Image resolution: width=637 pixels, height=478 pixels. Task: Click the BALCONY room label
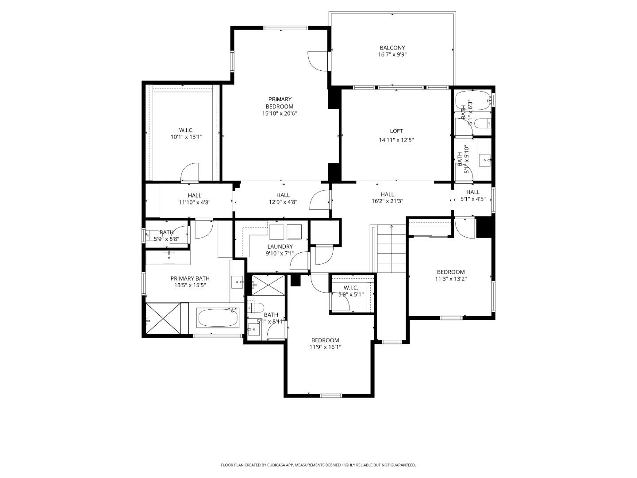pos(392,48)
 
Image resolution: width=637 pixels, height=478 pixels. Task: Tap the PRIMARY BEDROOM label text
pos(279,103)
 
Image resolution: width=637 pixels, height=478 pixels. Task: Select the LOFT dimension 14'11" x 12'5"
pos(396,140)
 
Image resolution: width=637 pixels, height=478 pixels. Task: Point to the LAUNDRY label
pos(280,247)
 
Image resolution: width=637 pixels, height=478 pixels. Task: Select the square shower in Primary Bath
pos(163,319)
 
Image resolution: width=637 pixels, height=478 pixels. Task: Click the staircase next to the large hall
pos(391,249)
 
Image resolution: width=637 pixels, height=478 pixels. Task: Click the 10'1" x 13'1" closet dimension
pos(186,137)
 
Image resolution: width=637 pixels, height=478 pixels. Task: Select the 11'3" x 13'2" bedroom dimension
pos(451,279)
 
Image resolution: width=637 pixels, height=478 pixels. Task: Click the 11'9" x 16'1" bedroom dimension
pos(325,347)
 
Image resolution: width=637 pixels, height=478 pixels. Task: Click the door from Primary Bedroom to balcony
pos(317,61)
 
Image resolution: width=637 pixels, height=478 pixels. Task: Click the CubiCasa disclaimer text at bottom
pos(318,465)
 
